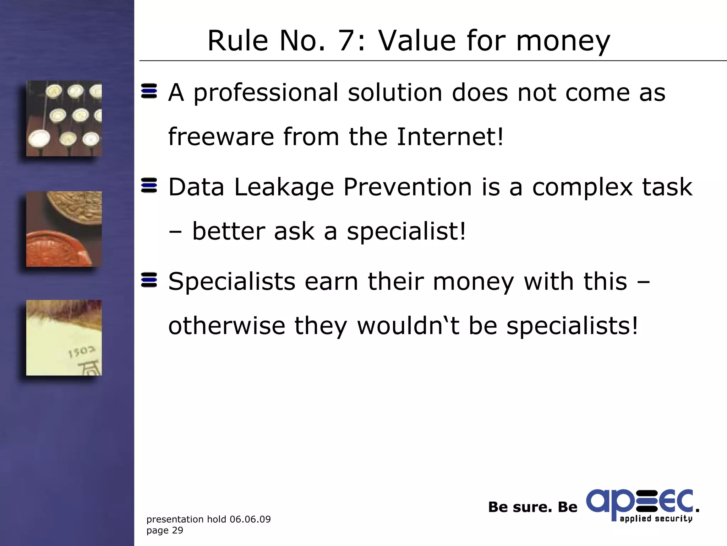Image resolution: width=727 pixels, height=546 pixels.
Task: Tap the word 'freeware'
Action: coord(221,137)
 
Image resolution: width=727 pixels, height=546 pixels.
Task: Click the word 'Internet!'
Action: coord(450,137)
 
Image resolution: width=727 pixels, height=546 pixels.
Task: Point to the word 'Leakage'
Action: coord(284,188)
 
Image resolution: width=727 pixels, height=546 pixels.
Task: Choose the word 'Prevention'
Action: coord(408,187)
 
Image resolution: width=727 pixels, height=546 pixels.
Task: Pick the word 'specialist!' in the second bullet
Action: coord(406,232)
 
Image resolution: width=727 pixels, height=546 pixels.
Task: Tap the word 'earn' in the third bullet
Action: coord(331,282)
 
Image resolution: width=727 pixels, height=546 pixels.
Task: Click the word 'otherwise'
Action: coord(227,326)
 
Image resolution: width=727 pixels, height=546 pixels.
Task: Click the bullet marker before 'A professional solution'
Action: coord(149,91)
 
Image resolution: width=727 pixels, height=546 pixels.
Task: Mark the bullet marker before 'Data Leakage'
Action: coord(149,186)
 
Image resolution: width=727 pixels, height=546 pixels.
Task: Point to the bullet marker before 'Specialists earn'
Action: coord(149,280)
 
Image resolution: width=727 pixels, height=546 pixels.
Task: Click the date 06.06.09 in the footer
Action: coord(250,519)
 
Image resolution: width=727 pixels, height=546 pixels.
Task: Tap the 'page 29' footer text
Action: coord(165,530)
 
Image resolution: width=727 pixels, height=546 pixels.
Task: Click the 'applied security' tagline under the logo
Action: coord(656,519)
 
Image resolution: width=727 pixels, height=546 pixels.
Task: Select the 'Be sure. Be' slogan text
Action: coord(532,507)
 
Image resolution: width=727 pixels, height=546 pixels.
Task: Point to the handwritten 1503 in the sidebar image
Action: coord(82,352)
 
